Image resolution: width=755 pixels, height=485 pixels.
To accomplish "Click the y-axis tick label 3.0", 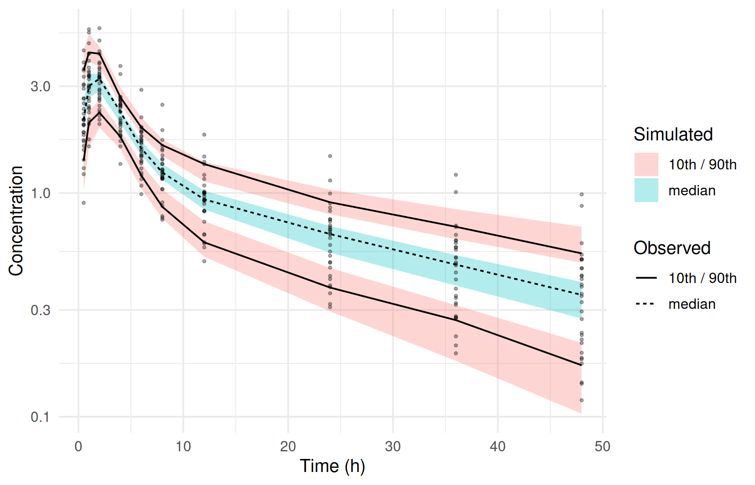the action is coord(40,87).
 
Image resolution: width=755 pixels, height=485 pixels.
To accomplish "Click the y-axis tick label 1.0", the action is coord(40,193).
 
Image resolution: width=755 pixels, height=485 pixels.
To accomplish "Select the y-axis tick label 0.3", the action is coord(40,310).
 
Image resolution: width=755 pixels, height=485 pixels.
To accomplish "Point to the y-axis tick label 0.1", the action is coord(40,417).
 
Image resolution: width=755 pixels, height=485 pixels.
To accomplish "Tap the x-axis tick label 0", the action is coord(79,446).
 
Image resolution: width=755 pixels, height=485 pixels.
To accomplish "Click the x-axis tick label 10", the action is coord(183,446).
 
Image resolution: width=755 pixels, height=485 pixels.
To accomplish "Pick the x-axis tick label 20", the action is coord(288,446).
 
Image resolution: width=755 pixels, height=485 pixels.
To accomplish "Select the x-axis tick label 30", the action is coord(393,446).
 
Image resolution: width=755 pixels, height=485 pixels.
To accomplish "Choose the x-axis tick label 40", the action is coord(498,446).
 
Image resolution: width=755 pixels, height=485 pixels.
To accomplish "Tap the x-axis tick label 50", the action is coord(603,446).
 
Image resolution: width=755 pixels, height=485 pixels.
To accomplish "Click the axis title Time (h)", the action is coord(333,467).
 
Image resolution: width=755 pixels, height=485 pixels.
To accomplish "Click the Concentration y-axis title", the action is coord(16,221).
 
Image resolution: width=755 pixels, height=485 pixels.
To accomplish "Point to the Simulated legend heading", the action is coord(673,134).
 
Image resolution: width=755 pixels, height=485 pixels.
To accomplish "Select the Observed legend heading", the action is coord(672,248).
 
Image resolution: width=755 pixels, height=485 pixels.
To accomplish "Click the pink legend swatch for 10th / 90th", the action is coord(646,164).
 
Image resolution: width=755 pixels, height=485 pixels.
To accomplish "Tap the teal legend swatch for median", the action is coord(646,190).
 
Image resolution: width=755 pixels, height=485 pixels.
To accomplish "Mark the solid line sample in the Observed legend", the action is coord(646,278).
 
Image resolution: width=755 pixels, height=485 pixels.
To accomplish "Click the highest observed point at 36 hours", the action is coord(456,175).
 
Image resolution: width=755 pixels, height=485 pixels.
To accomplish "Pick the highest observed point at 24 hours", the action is coord(330,156).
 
